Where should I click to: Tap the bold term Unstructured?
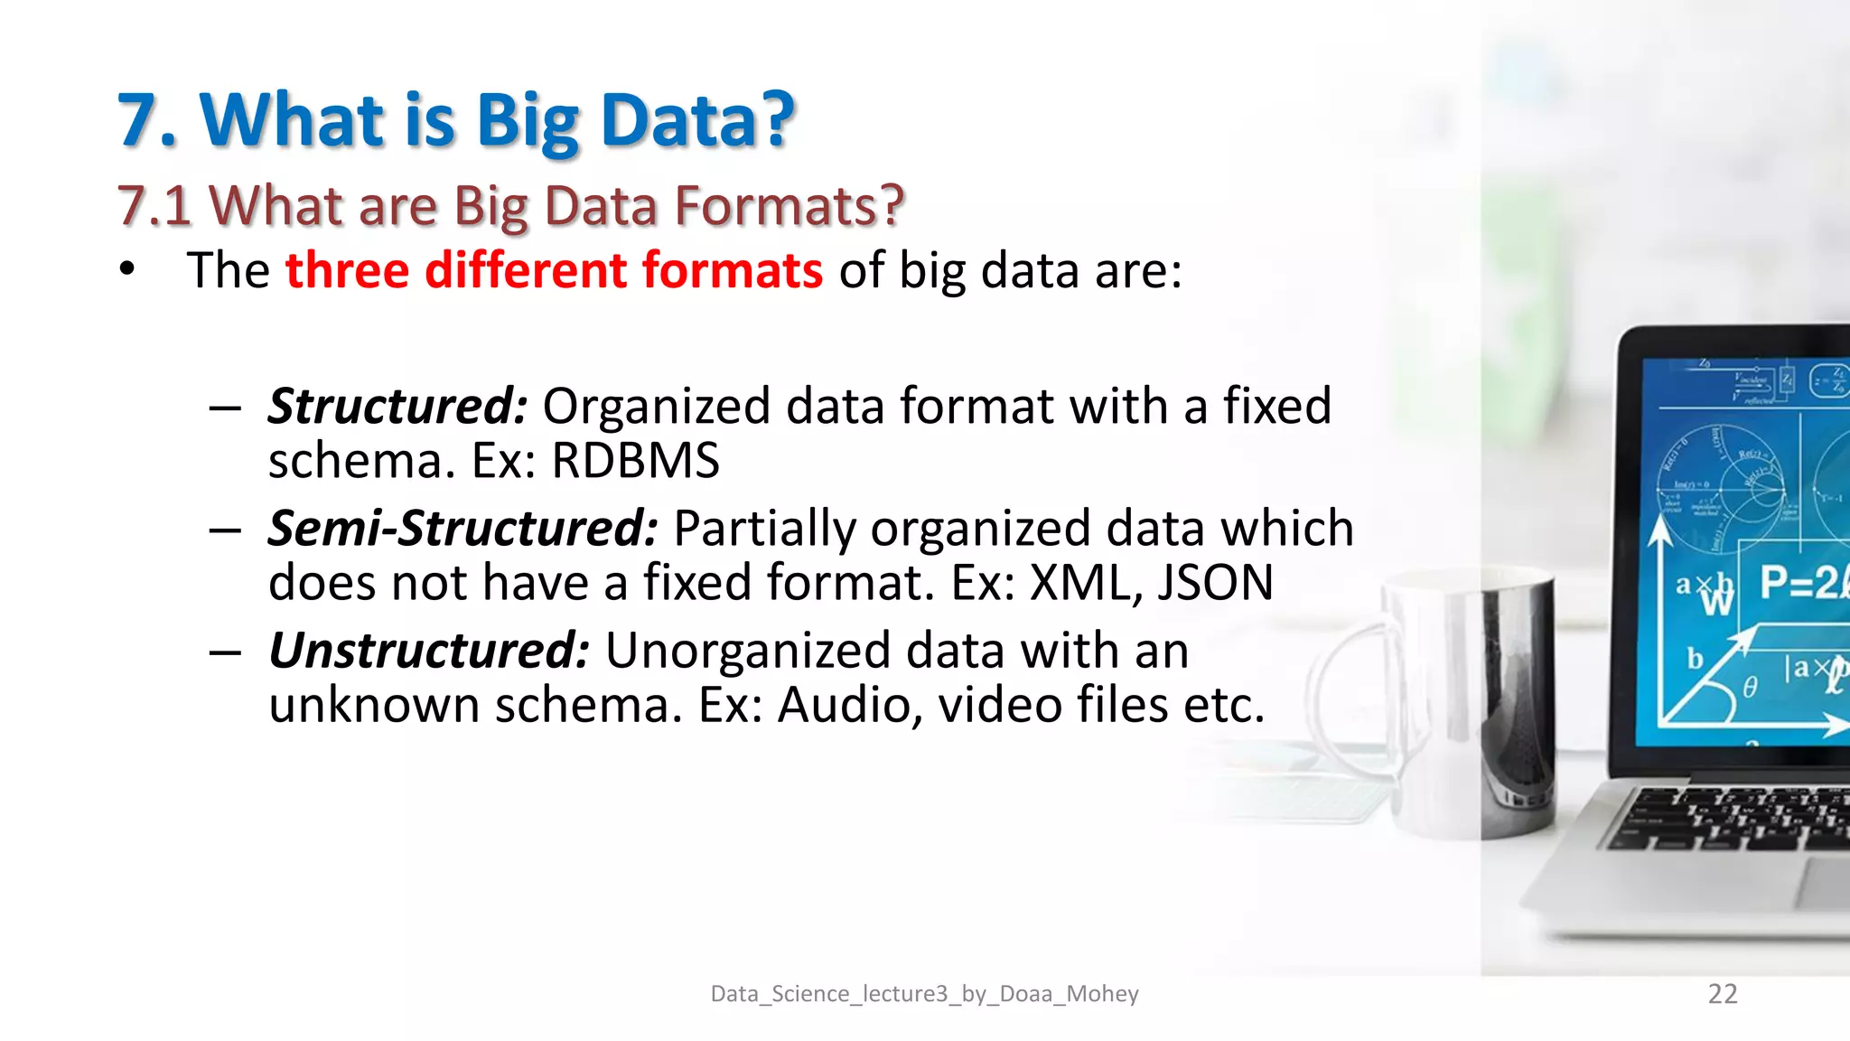click(429, 651)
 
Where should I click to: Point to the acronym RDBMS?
click(635, 462)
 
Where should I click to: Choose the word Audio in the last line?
click(843, 705)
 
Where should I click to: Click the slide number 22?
click(1723, 994)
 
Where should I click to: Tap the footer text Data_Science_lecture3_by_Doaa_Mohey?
click(924, 994)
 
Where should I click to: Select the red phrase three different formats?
click(554, 271)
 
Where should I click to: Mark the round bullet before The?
click(127, 269)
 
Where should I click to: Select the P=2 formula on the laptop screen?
click(1802, 584)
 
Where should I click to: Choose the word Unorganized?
click(747, 651)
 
